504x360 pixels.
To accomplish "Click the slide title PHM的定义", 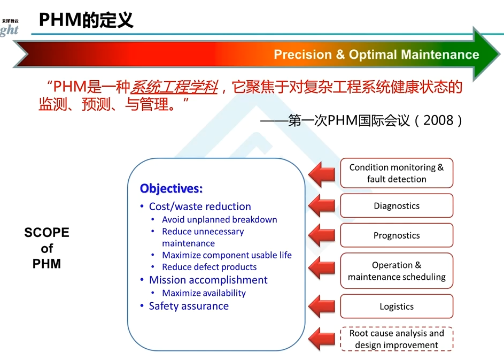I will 86,20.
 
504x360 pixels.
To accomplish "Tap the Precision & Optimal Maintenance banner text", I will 376,55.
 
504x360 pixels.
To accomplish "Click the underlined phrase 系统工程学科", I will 174,87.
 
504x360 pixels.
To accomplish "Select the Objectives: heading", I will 171,188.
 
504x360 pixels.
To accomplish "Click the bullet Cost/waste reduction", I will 199,206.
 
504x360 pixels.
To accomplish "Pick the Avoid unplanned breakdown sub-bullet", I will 219,219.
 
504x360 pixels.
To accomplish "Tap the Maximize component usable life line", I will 227,255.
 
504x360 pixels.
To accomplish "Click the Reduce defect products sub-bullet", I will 209,267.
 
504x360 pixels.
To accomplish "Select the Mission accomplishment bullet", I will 208,280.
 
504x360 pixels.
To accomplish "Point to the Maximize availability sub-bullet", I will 204,293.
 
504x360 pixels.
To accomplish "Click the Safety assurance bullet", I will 189,306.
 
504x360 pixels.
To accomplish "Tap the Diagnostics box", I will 397,206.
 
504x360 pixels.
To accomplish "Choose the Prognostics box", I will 397,235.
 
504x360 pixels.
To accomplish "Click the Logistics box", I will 397,307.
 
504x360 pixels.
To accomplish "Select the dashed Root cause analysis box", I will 397,339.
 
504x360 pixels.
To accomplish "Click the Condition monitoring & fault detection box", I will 397,173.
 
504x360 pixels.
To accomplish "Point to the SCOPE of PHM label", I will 47,248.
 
